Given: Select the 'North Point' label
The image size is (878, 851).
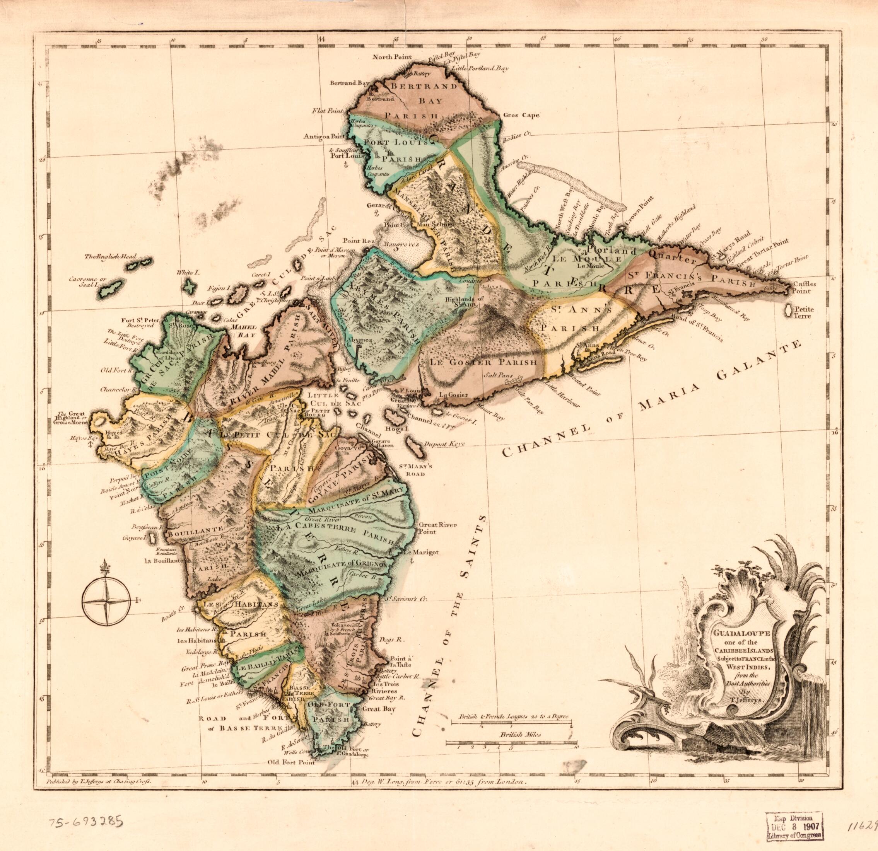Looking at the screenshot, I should click(x=393, y=57).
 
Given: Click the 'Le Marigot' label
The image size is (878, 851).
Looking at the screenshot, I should click(x=421, y=553).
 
